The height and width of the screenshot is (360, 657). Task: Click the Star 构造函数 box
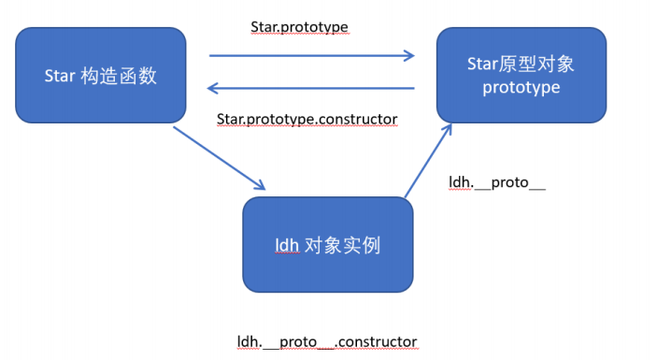101,76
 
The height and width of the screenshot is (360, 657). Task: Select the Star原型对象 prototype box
521,76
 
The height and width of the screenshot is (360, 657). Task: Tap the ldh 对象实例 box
328,245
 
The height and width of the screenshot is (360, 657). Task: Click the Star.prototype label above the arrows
299,27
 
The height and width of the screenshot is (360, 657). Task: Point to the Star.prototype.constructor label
307,120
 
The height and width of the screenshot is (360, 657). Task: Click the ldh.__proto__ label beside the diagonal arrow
497,182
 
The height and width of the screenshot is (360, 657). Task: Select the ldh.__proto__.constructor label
327,341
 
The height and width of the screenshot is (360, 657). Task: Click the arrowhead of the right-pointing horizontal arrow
409,55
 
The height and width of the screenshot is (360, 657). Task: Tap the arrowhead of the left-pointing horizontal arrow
213,89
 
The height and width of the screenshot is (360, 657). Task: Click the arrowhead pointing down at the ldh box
260,185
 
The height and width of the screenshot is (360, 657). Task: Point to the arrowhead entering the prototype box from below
448,129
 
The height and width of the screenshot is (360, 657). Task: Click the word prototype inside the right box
521,88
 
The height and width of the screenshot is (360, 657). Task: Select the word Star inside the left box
60,76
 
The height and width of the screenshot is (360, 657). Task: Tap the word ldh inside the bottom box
287,245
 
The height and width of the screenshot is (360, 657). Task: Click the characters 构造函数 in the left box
119,76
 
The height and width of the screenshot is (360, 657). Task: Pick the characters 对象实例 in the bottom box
342,245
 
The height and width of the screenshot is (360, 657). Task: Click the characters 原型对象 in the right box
536,65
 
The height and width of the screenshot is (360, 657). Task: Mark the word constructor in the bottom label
378,342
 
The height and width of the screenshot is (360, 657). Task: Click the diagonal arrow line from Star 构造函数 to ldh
220,158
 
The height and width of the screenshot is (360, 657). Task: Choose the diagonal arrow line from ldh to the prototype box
428,160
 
